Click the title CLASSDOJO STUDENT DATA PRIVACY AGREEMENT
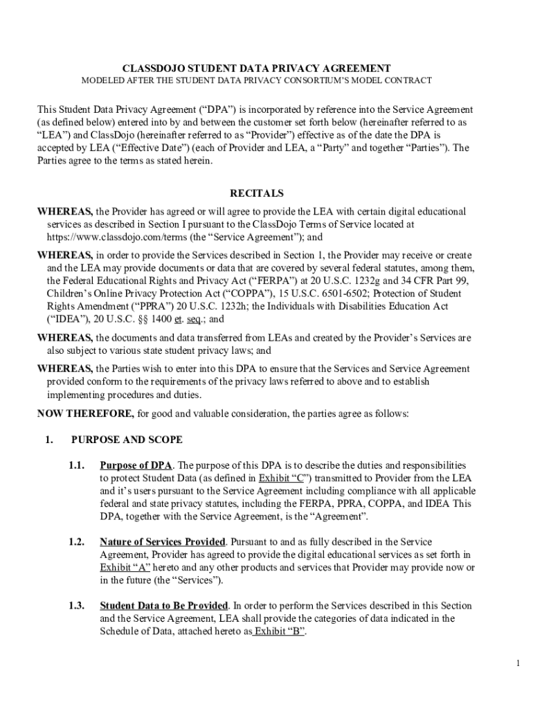[257, 69]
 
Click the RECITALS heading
[257, 193]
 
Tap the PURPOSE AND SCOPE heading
[127, 440]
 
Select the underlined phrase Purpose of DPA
[136, 465]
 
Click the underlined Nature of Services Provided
[163, 541]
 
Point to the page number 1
[517, 663]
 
